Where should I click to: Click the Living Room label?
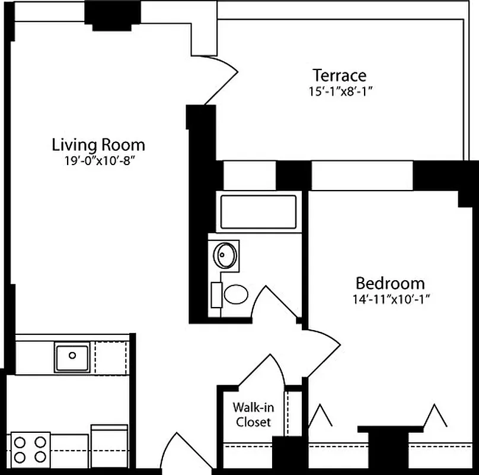pos(98,144)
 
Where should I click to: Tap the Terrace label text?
pos(339,75)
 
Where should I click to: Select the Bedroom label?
pos(390,283)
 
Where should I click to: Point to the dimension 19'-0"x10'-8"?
pos(98,161)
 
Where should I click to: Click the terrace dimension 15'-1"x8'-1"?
pos(339,91)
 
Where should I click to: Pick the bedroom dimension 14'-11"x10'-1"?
pos(390,299)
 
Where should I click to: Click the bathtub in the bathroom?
pos(258,211)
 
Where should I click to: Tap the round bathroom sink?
pos(225,255)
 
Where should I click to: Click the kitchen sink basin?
pos(72,357)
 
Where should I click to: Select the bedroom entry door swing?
pos(320,350)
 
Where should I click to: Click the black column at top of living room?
pos(112,15)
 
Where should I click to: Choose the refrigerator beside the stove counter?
pos(109,445)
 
